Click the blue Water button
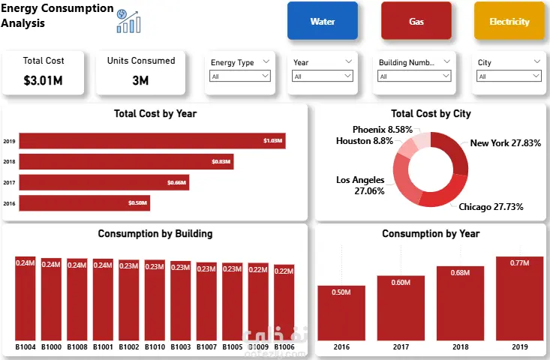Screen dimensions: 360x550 coord(323,21)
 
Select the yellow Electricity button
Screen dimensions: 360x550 coord(509,21)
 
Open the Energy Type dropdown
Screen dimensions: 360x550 coord(240,76)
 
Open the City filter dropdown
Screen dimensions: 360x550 coord(509,76)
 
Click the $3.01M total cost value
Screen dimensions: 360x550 coord(44,80)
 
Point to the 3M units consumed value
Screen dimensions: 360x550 coord(140,80)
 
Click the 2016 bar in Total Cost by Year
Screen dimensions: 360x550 coord(84,202)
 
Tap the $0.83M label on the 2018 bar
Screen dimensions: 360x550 coord(221,162)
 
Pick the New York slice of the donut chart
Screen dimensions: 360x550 coord(454,151)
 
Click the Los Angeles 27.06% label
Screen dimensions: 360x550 coord(360,185)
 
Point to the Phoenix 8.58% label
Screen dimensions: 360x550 coord(382,130)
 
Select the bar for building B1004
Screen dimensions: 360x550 coord(26,300)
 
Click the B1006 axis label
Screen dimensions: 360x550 coord(284,348)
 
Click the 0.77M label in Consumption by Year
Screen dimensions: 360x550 coord(519,262)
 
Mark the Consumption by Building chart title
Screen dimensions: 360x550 coord(155,234)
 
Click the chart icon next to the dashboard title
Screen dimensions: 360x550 coord(128,19)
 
